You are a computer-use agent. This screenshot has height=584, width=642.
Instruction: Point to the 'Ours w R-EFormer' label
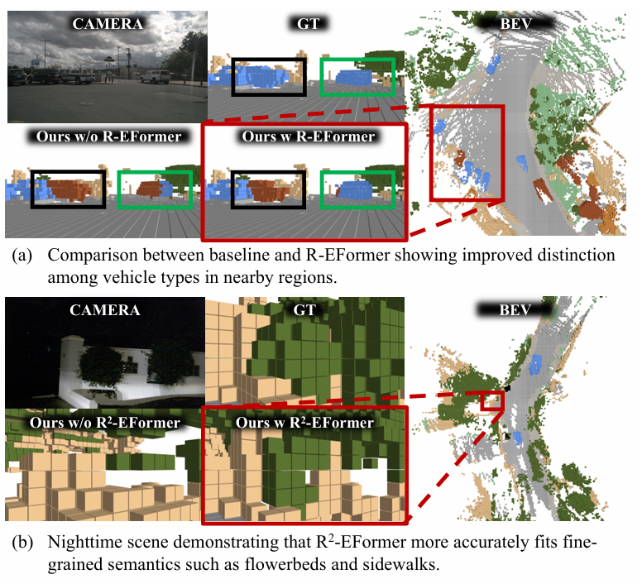tap(305, 136)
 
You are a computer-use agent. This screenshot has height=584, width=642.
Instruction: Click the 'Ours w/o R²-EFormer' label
tap(104, 423)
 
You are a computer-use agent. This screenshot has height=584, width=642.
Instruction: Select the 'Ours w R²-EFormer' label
tap(304, 423)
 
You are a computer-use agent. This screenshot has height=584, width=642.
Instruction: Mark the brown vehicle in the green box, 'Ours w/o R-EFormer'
tap(153, 191)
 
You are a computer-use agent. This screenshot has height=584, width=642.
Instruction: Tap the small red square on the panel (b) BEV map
tap(492, 400)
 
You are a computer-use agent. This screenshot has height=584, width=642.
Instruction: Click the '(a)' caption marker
tap(18, 256)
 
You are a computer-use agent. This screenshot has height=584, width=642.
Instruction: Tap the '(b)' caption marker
tap(18, 543)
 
